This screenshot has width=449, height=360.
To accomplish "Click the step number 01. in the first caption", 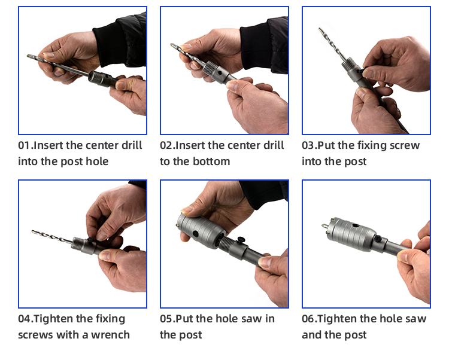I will pos(25,145).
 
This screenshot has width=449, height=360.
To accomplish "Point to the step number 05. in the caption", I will pos(167,319).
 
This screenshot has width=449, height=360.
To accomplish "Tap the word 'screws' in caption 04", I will pos(35,335).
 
